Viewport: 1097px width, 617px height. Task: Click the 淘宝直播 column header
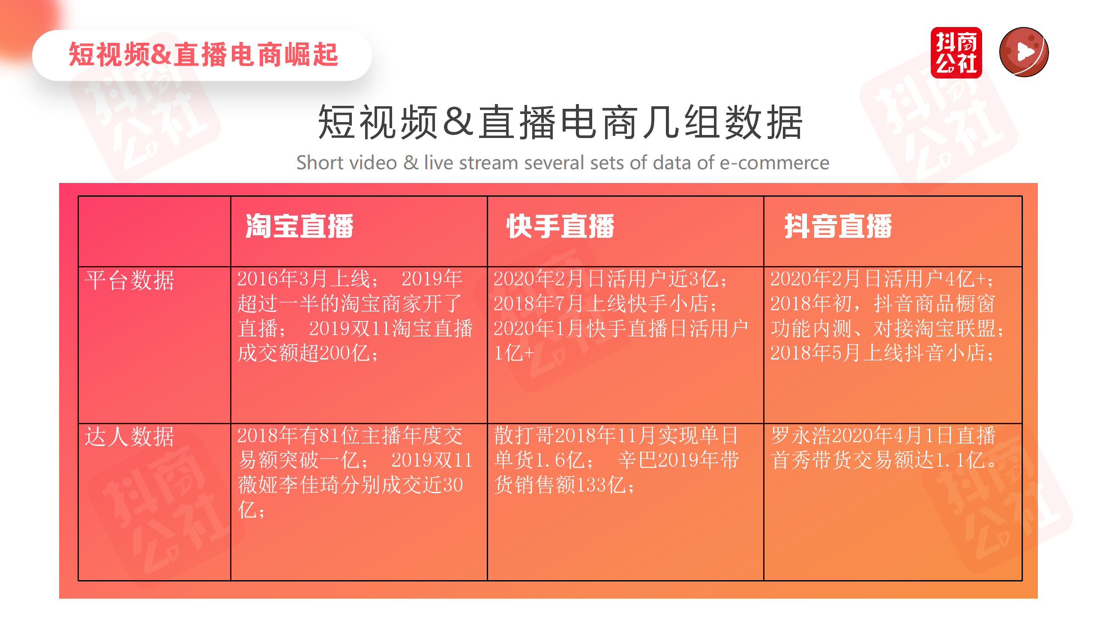(299, 226)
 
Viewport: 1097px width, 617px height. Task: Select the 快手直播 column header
(560, 226)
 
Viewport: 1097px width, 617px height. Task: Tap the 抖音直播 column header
(838, 226)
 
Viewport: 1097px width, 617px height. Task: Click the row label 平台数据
(129, 281)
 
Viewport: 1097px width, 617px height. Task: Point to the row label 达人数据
(129, 437)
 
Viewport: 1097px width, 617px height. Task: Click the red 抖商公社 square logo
(956, 53)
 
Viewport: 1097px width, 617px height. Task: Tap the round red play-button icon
(1024, 52)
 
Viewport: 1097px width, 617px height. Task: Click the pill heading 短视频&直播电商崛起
(203, 55)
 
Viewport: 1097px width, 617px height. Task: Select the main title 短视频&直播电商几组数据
(560, 123)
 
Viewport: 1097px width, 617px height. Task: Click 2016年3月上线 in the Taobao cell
(303, 279)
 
